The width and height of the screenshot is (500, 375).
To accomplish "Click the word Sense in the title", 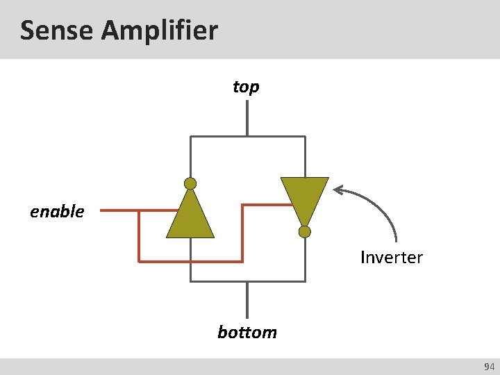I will point(56,30).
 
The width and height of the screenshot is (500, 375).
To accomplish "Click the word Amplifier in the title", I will point(159,30).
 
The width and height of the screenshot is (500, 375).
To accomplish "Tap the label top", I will point(246,87).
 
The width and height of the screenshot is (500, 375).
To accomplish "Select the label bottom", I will point(247,332).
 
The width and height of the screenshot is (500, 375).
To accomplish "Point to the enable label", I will point(57,211).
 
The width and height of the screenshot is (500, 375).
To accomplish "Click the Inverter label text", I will point(391,258).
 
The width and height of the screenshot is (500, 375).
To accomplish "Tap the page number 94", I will point(489,367).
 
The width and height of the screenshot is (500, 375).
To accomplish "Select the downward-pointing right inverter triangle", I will point(304,198).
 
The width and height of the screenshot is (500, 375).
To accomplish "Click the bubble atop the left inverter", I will point(190,184).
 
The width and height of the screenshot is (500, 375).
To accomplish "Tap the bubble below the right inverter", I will point(304,231).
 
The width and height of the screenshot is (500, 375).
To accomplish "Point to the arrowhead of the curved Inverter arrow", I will point(338,189).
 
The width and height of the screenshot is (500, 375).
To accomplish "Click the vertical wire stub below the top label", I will point(247,119).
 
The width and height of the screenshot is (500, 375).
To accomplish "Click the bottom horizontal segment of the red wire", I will point(190,261).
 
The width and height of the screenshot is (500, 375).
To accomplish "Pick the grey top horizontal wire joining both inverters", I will point(247,136).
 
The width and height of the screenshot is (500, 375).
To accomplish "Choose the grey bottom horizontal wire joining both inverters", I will point(247,281).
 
